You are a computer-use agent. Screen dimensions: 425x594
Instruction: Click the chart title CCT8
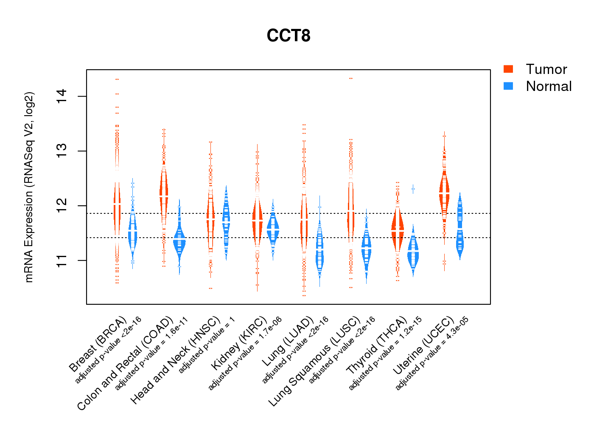tap(289, 36)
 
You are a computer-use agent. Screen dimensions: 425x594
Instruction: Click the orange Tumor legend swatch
tap(508, 69)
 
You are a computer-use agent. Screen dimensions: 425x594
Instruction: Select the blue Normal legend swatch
tap(508, 86)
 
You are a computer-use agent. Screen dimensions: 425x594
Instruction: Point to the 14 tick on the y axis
tap(62, 96)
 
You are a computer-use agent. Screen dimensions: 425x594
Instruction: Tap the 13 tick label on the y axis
tap(62, 151)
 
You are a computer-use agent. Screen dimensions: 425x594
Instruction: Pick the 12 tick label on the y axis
tap(62, 206)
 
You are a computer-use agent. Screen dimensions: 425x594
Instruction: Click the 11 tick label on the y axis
tap(62, 260)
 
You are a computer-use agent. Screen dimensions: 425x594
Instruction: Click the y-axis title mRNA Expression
tap(29, 187)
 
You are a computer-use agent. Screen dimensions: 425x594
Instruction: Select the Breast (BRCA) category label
tap(98, 344)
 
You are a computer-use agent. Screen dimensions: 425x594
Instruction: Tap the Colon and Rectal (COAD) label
tap(125, 363)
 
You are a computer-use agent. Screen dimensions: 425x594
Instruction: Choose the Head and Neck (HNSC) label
tap(175, 360)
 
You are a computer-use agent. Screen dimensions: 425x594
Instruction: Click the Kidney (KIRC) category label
tap(239, 343)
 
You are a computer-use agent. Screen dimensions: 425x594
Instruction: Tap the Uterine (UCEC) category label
tap(423, 346)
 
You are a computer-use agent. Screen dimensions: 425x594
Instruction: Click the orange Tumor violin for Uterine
tap(444, 193)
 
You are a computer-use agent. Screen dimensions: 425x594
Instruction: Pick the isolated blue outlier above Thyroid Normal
tap(413, 189)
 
